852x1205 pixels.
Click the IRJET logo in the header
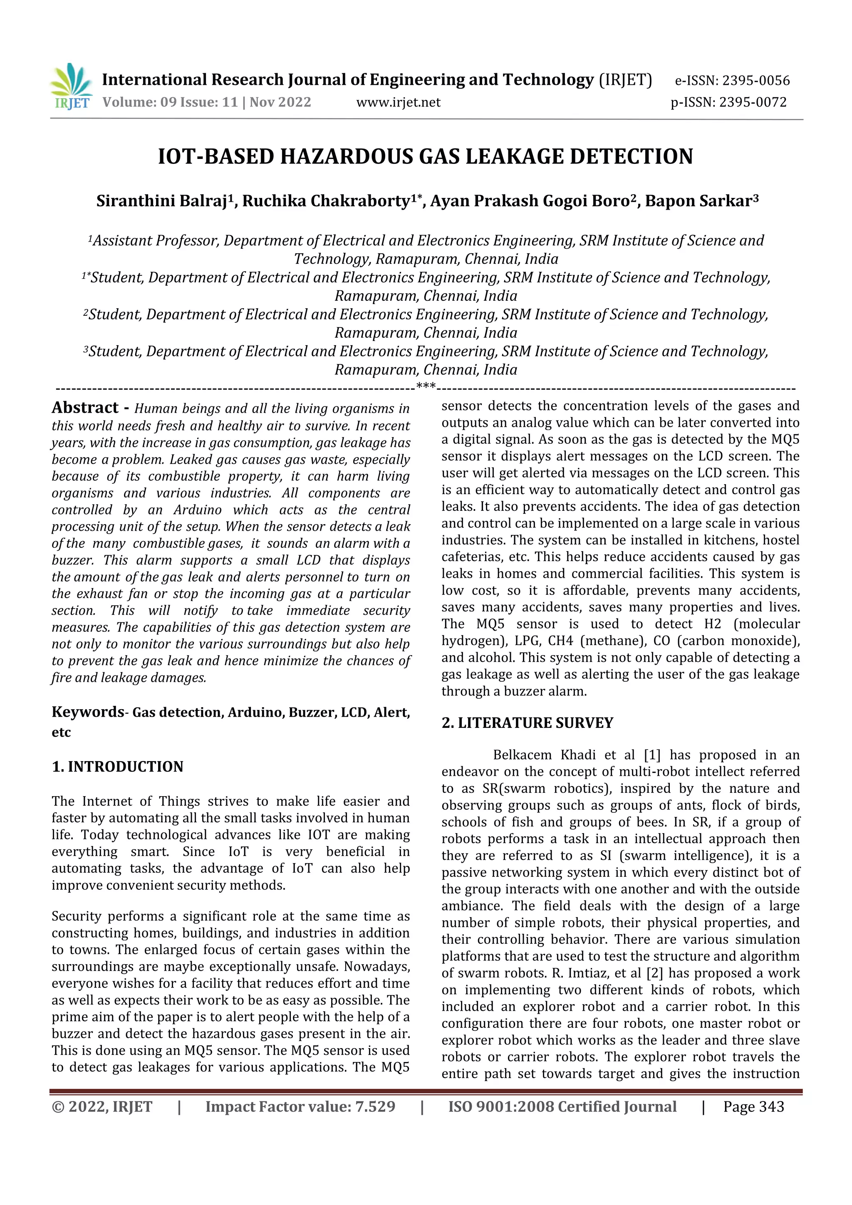pos(70,87)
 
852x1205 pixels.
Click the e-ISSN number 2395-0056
pos(756,81)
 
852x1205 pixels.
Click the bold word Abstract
pos(85,408)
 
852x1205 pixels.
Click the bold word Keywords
pos(87,712)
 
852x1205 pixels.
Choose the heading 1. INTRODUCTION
pos(118,767)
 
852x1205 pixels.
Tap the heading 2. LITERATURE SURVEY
pos(527,723)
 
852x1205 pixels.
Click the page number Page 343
pos(753,1107)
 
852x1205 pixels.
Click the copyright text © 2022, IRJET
pos(102,1107)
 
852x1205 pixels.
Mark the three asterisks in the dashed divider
pos(425,387)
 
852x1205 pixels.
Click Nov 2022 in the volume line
pos(280,102)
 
